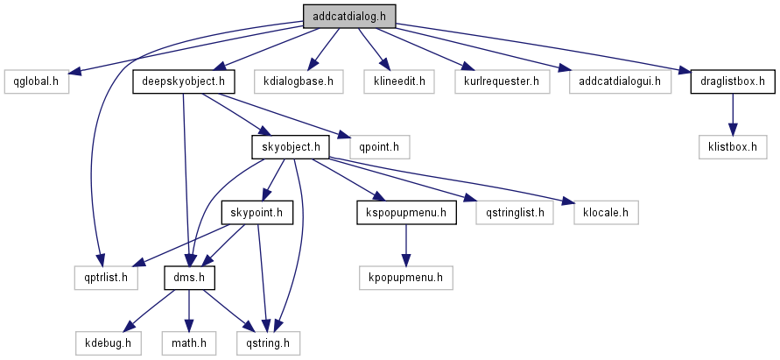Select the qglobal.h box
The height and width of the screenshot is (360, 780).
[x=36, y=82]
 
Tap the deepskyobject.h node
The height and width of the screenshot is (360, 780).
[x=185, y=82]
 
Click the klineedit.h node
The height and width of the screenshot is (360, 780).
[x=399, y=82]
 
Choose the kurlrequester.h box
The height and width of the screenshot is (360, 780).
[x=496, y=82]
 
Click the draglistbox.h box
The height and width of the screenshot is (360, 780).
[x=733, y=82]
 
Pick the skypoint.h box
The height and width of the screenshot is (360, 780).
[x=256, y=213]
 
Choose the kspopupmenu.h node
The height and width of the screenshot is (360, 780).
[x=406, y=213]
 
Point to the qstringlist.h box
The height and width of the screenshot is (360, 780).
[x=515, y=213]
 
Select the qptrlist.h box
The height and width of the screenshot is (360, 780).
[x=106, y=279]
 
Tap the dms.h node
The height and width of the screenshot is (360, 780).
[x=190, y=279]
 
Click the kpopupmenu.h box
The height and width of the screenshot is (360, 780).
[x=405, y=279]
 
